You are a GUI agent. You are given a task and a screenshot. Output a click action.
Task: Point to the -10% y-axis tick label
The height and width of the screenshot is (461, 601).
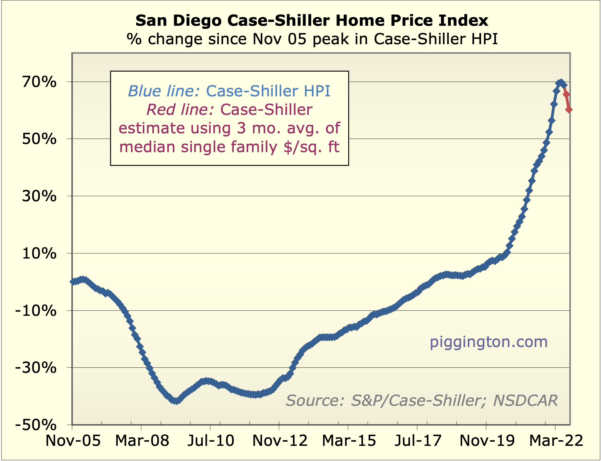[36, 311]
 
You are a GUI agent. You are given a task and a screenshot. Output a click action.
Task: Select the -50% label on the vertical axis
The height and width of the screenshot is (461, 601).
[36, 425]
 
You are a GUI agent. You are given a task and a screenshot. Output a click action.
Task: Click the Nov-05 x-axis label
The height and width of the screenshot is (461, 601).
[73, 440]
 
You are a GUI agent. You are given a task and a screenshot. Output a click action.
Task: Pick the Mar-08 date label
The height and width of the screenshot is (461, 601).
[142, 440]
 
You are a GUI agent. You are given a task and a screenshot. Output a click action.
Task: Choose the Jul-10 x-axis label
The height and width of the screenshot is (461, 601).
[211, 440]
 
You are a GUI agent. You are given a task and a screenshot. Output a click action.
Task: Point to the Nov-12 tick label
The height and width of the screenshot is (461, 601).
[280, 440]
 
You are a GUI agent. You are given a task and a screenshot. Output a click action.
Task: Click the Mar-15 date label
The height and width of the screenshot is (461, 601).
[349, 440]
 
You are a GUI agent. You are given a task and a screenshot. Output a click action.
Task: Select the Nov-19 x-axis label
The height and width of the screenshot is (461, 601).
[487, 440]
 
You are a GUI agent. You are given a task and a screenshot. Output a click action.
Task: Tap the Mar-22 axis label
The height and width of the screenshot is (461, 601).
[556, 440]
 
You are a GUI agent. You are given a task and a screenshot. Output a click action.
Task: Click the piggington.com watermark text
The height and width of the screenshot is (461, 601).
[489, 342]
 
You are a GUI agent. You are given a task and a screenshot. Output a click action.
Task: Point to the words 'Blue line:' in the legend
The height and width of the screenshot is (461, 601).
[164, 91]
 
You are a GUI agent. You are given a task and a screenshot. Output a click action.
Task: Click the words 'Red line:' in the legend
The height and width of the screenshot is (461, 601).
[181, 110]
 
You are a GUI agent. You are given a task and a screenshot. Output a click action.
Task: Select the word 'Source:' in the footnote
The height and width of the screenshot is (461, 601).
[315, 400]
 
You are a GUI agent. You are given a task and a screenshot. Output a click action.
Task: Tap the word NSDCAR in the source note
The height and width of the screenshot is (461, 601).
[526, 400]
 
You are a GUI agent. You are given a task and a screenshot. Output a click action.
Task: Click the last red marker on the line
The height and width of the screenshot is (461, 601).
[569, 109]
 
